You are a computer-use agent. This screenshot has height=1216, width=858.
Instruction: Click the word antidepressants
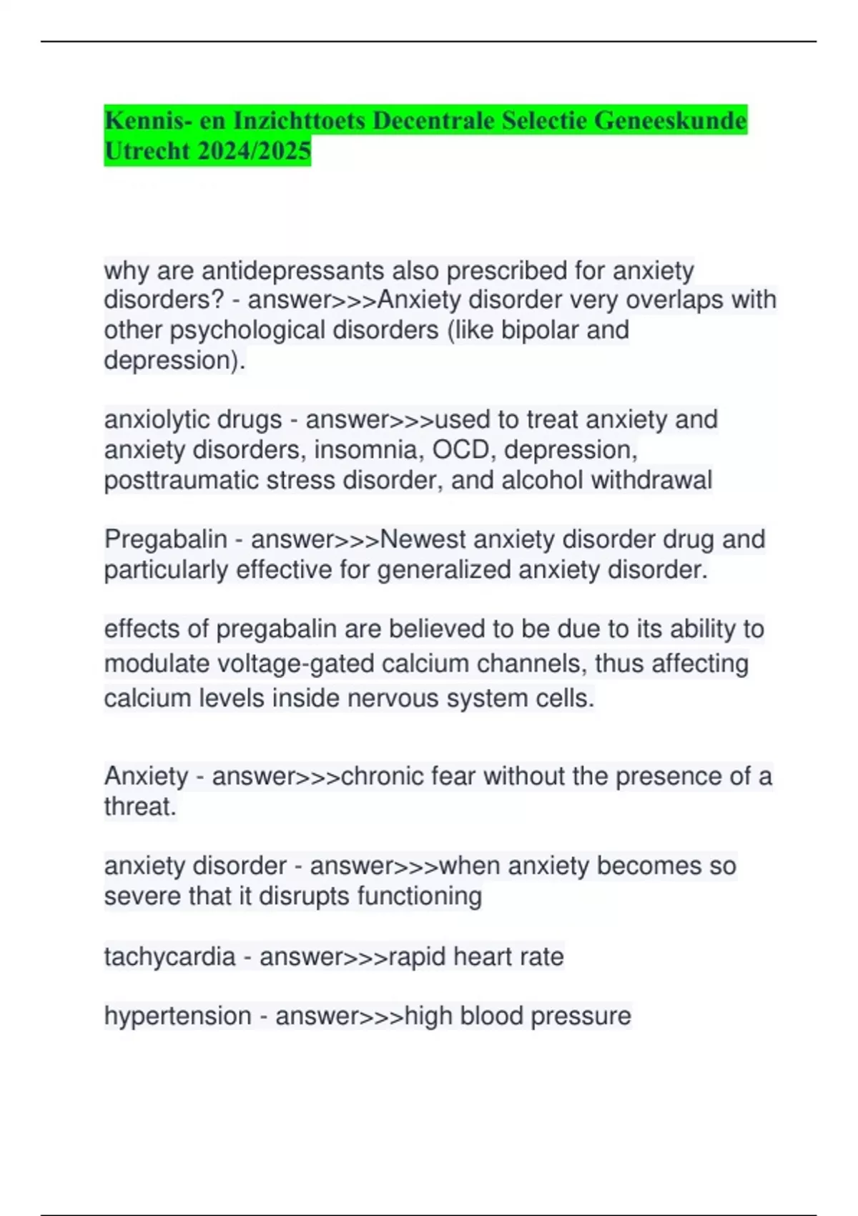pos(295,270)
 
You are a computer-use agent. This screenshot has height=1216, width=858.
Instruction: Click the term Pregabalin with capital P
pos(165,539)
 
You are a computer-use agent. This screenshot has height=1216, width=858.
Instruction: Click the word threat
pos(139,807)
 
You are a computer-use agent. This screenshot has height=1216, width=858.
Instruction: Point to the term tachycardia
pos(169,956)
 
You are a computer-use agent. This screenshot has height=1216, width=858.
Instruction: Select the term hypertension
pos(177,1016)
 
